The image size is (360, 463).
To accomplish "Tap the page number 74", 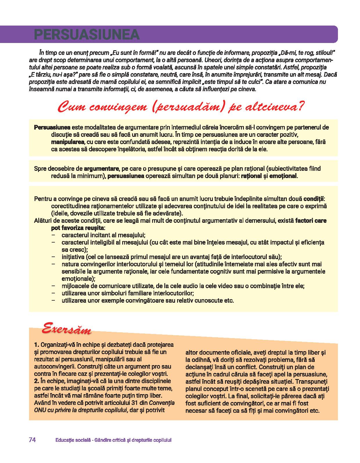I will pos(32,440).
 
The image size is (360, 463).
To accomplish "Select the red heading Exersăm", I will pos(66,329).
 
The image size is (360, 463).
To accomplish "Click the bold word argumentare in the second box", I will pos(101,168).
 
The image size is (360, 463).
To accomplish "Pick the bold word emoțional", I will pos(283,176).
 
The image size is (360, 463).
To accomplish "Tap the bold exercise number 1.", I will pos(36,345).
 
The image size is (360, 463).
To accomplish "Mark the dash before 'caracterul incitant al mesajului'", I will pos(53,235).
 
